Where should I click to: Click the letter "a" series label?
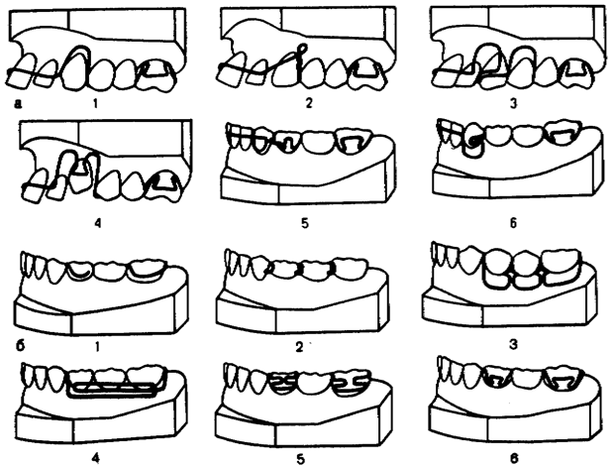point(18,104)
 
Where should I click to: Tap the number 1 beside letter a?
point(95,103)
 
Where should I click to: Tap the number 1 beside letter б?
point(97,346)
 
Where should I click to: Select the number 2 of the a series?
point(308,103)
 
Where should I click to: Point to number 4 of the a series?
point(98,223)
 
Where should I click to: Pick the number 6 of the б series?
point(514,458)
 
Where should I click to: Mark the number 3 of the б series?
point(514,345)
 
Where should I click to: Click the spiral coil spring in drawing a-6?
point(473,139)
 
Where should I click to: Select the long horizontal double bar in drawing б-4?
point(112,389)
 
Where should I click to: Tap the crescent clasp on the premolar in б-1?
point(81,274)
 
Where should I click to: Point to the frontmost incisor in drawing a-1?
point(19,71)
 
